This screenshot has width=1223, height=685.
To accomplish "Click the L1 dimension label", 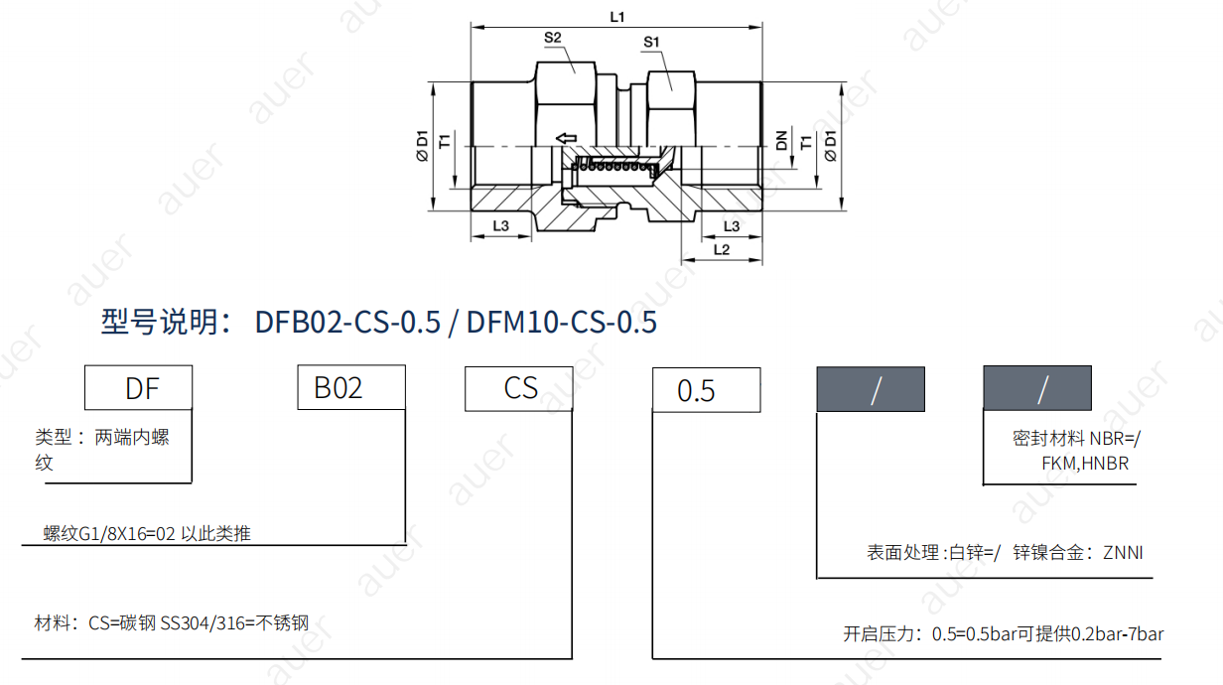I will pos(616,17).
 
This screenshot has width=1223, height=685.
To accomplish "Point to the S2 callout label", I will pos(553,38).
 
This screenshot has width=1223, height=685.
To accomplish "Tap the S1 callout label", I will pos(651,42).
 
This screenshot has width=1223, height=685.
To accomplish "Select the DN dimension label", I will pos(781,141).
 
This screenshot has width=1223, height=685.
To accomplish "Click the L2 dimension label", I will pos(722,249).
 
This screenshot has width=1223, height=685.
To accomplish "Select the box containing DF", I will pos(138,388).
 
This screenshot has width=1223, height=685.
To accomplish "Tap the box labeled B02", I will pos(351,388).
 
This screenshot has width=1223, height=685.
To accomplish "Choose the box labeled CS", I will pos(519,388).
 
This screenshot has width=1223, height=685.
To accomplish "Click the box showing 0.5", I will pos(706,390).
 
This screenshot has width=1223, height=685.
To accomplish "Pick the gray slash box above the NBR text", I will pos(1036,389).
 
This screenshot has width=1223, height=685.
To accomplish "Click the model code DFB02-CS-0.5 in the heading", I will pos(347,323).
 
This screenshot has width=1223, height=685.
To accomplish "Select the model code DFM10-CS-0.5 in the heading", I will pos(561,323).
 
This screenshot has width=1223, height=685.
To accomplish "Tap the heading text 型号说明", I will pos(166,323).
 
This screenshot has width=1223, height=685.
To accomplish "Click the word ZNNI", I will pos(1123,553).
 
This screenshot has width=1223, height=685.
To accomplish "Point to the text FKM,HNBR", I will pos(1085,464).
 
